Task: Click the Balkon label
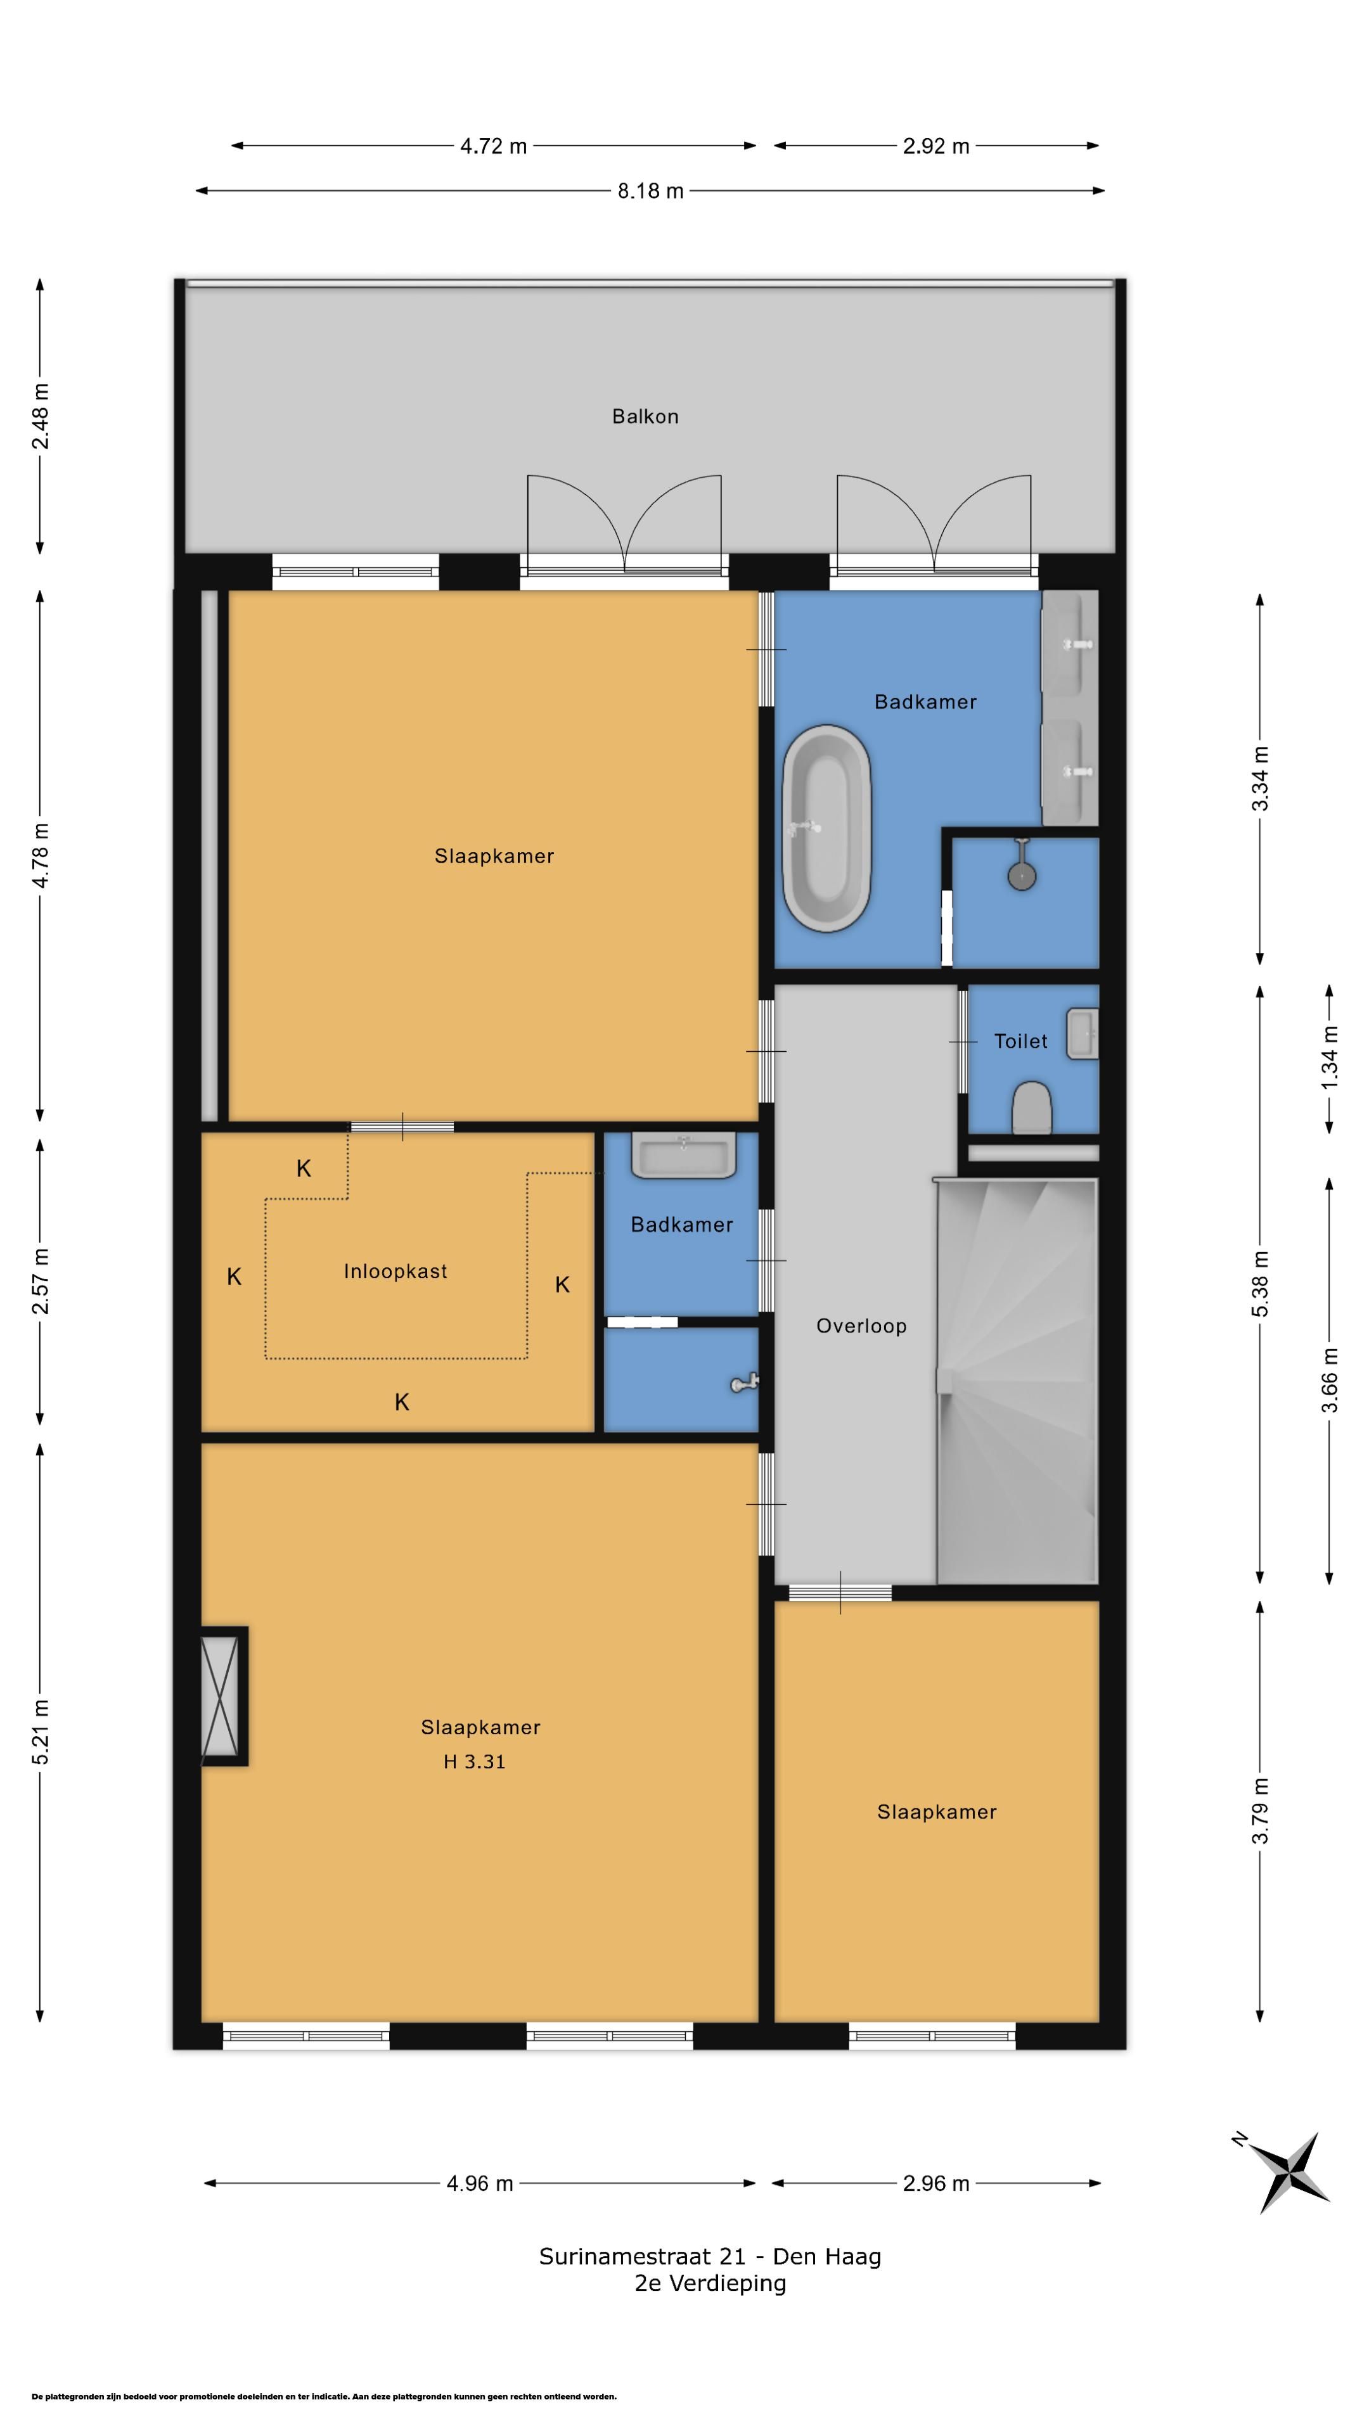(645, 416)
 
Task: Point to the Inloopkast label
(395, 1271)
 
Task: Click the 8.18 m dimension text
(650, 191)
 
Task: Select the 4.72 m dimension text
(493, 146)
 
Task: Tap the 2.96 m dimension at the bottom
(935, 2183)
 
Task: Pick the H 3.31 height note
(474, 1761)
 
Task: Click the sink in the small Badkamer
(683, 1155)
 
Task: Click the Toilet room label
(1020, 1041)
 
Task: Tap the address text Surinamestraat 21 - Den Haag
(710, 2256)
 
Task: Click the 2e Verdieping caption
(710, 2283)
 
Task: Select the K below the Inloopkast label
(402, 1403)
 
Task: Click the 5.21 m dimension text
(40, 1731)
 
